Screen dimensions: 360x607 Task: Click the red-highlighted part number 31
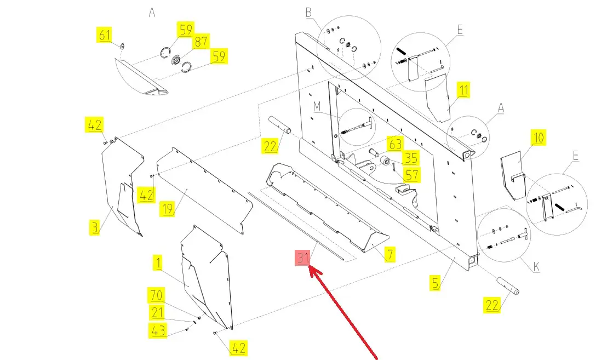(x=303, y=258)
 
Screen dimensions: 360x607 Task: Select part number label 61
(x=104, y=35)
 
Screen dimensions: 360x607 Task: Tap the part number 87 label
(x=200, y=43)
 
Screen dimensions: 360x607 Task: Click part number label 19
(x=167, y=209)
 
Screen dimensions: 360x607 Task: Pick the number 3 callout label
(x=95, y=227)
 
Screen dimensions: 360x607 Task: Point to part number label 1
(x=158, y=264)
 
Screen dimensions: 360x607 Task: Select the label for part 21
(x=157, y=313)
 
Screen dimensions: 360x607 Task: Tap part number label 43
(x=157, y=330)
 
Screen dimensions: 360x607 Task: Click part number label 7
(x=390, y=254)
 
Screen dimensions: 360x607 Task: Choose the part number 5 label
(x=434, y=283)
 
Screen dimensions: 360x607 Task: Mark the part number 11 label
(x=463, y=90)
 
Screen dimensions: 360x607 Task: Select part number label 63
(x=395, y=145)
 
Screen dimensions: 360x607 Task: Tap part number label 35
(x=410, y=159)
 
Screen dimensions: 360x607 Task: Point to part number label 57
(x=410, y=175)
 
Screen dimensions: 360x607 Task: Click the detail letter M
(x=317, y=105)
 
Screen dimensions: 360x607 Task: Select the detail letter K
(x=536, y=268)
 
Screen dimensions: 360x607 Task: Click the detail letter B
(x=308, y=12)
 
